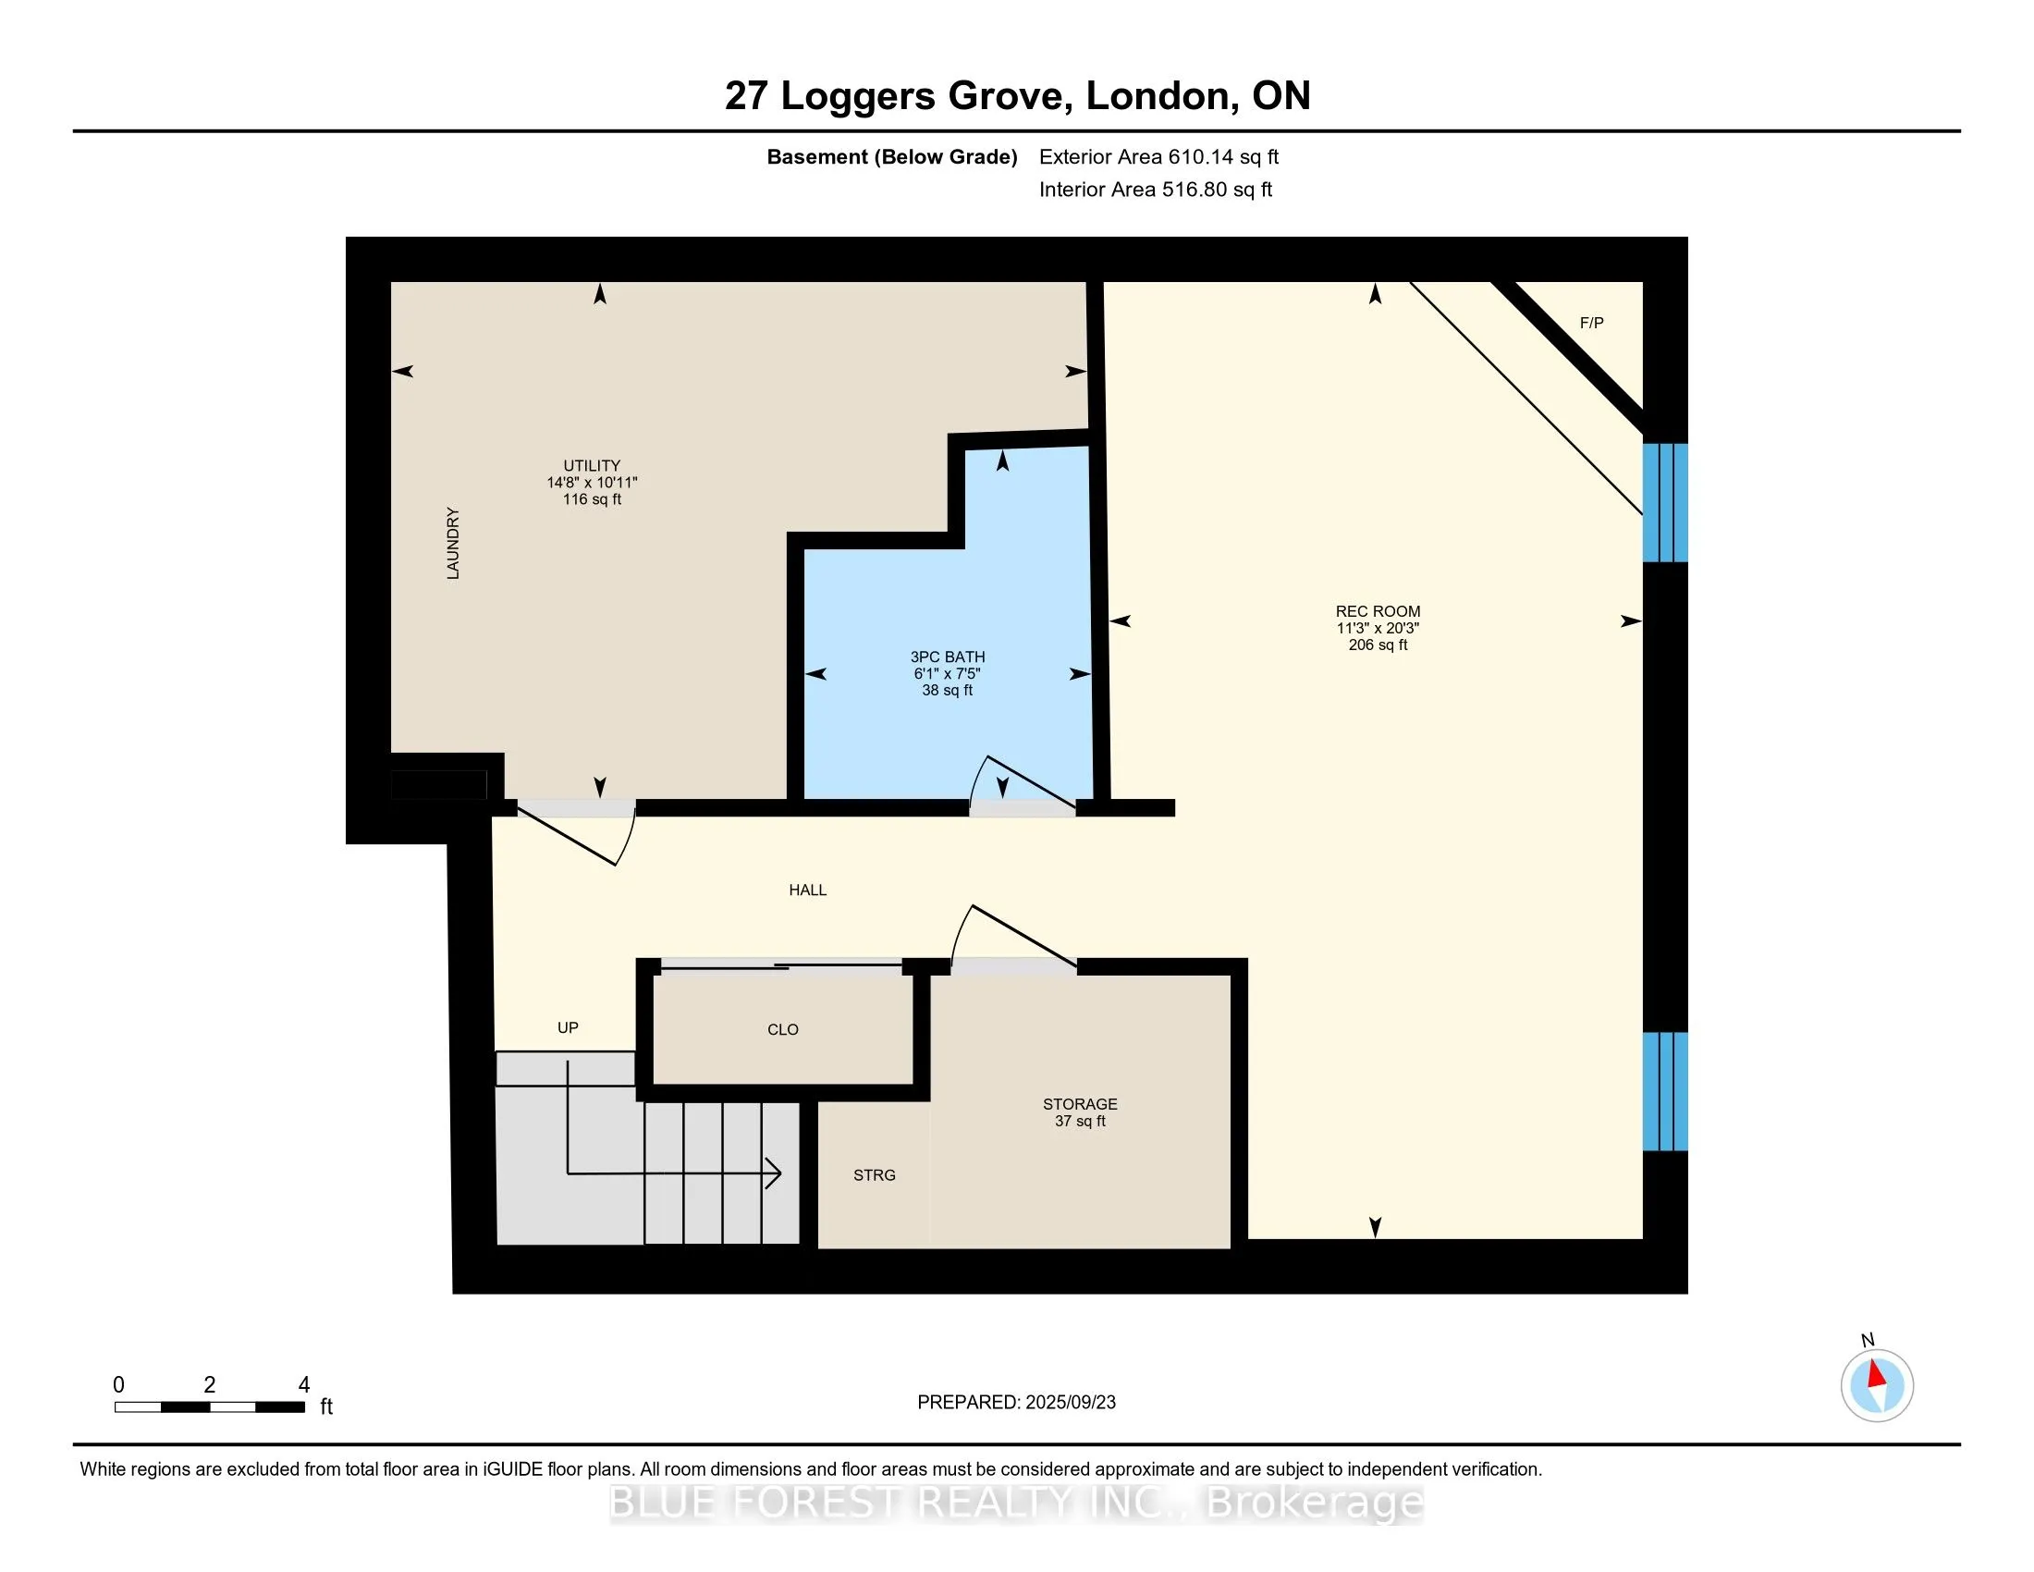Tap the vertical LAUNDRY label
[x=453, y=543]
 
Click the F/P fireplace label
[x=1592, y=323]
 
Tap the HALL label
[x=807, y=890]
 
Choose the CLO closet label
[x=783, y=1029]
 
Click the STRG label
[x=875, y=1175]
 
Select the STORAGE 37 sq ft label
[x=1080, y=1111]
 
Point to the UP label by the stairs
[x=568, y=1027]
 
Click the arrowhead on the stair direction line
[x=773, y=1173]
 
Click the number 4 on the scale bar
[x=303, y=1385]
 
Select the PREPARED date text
[x=1016, y=1403]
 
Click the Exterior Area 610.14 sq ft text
[x=1158, y=157]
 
